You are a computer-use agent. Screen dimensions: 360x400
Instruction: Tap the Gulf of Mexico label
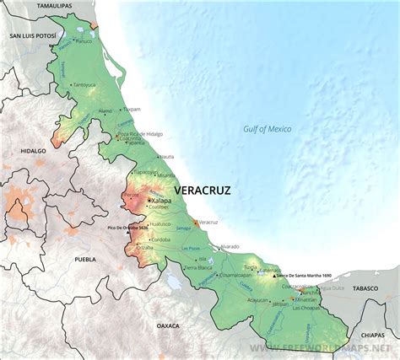[262, 128]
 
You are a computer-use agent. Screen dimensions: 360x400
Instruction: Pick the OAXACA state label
[170, 324]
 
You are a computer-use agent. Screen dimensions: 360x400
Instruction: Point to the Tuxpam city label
[132, 110]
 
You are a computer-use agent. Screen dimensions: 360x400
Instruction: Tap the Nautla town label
[167, 156]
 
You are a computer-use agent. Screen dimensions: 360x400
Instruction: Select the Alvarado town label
[229, 247]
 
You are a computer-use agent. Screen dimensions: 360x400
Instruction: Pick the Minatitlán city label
[306, 299]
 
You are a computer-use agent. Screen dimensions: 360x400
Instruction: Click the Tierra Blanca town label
[199, 267]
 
